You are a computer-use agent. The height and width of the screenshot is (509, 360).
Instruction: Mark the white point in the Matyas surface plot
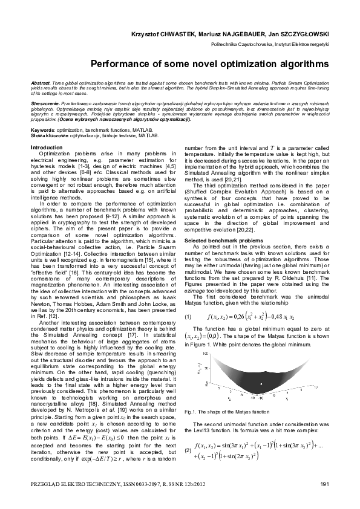click(261, 383)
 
